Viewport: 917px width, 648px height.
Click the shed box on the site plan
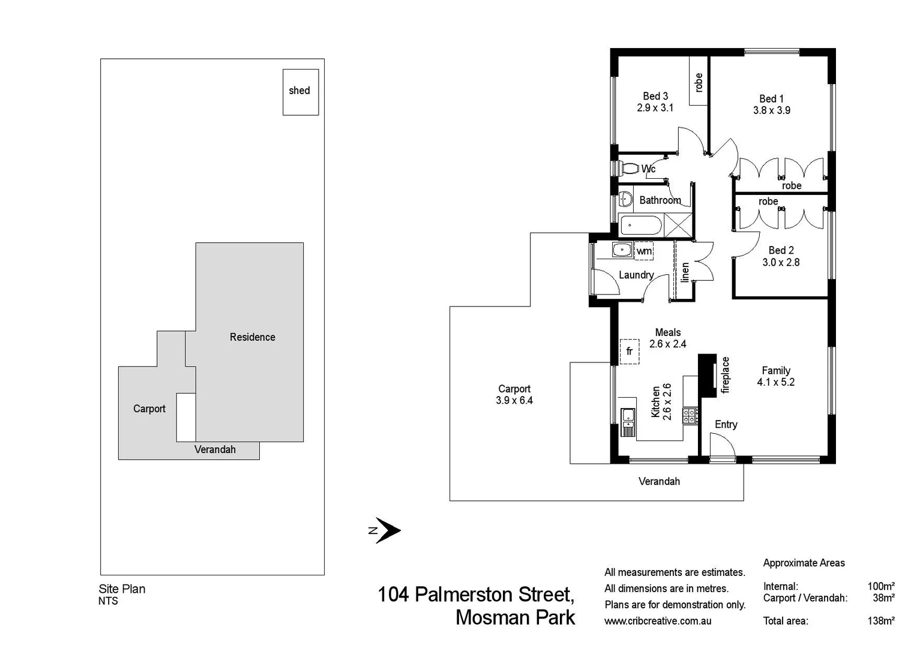[300, 92]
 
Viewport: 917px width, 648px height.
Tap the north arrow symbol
[387, 530]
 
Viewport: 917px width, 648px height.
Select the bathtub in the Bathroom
[641, 226]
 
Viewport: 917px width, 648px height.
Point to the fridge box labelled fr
[629, 351]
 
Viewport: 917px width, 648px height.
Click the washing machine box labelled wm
[644, 251]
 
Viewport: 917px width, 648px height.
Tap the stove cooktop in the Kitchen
[690, 416]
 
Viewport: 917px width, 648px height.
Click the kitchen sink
[628, 415]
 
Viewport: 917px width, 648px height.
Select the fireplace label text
[726, 375]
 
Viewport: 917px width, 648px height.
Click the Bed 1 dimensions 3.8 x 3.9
[771, 110]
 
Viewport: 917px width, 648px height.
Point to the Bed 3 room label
[655, 96]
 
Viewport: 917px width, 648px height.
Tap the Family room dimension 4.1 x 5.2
[775, 382]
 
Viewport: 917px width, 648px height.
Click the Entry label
[726, 424]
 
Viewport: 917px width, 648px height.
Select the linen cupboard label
[685, 272]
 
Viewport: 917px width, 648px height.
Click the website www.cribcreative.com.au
[658, 621]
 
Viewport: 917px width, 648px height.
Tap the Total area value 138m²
[880, 621]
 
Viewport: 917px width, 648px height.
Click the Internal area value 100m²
[880, 586]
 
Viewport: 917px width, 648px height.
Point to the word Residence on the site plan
[252, 337]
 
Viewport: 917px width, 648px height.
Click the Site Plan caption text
[122, 589]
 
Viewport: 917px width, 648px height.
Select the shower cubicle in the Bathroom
[678, 226]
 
